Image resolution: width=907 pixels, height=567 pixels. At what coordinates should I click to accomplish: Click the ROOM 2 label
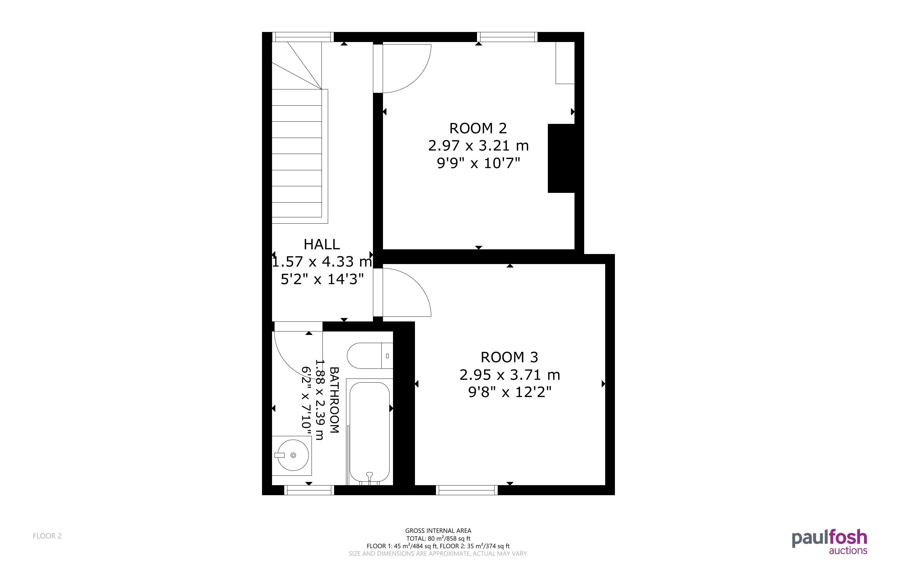tap(478, 128)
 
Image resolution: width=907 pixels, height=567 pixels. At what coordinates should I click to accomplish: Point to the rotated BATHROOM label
tap(334, 400)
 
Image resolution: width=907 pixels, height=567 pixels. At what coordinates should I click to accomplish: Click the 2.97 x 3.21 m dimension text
tap(478, 146)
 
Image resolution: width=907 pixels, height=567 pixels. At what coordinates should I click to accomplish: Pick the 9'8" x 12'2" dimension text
tap(510, 392)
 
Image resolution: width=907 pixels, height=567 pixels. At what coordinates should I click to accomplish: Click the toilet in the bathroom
tap(370, 356)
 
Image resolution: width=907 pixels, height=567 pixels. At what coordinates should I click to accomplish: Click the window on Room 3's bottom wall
tap(467, 490)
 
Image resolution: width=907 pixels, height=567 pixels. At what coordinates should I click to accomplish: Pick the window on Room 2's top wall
tap(507, 37)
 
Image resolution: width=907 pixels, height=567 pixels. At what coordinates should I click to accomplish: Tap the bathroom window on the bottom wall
tap(309, 490)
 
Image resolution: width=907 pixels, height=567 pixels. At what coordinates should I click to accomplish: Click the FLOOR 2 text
tap(47, 536)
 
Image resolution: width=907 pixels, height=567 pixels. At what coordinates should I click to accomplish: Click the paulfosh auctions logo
tap(830, 542)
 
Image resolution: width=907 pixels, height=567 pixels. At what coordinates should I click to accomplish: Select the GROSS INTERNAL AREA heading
tap(438, 531)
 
